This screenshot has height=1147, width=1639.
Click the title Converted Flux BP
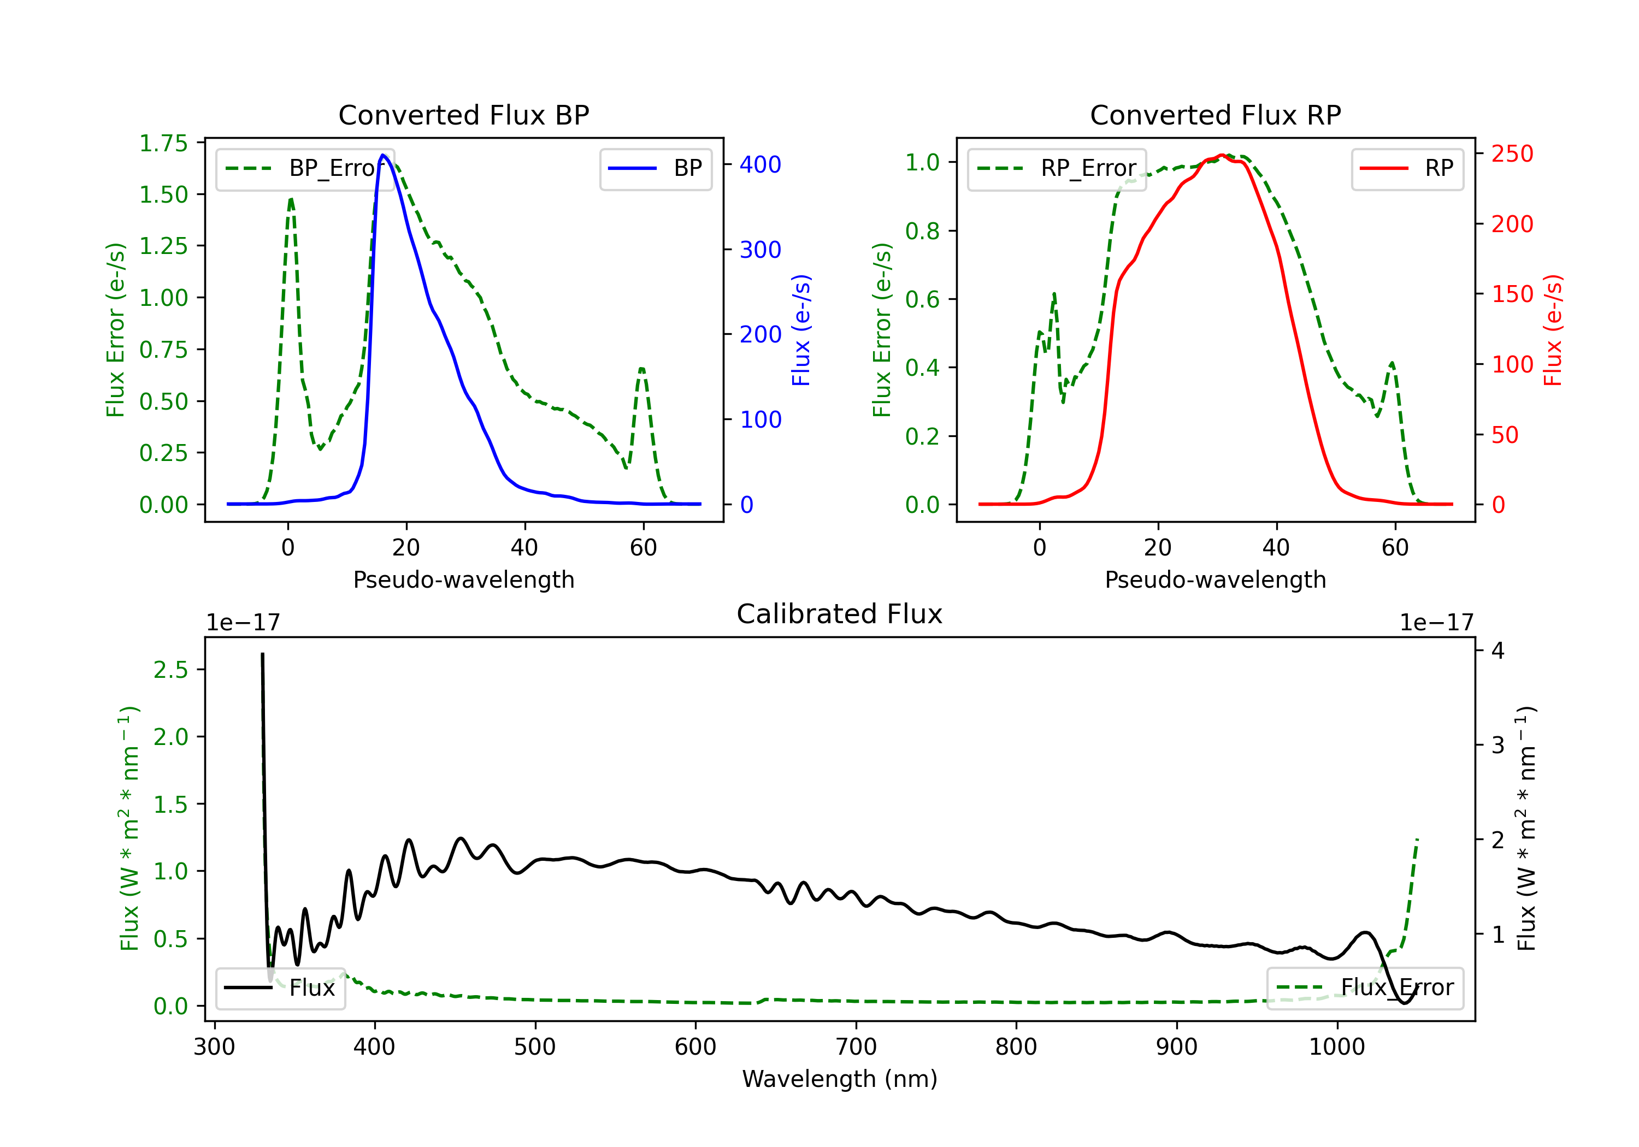click(464, 115)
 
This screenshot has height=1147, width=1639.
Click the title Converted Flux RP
click(1216, 115)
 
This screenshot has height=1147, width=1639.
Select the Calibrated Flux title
click(840, 614)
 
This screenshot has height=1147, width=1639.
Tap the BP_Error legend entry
click(305, 168)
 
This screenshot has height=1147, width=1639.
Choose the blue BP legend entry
click(655, 168)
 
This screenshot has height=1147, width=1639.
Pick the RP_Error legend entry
click(1057, 168)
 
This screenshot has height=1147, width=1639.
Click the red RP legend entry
click(1407, 168)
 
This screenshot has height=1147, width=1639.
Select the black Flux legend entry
click(280, 988)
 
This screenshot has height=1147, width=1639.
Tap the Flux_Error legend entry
click(1365, 988)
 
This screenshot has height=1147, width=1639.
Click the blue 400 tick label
click(761, 165)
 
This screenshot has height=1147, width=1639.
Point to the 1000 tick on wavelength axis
click(1337, 1047)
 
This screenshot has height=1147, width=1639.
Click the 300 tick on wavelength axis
click(214, 1047)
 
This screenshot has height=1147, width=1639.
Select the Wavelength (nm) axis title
click(840, 1079)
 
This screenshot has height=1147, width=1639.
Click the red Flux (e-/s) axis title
click(1553, 330)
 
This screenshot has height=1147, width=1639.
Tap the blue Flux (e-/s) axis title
click(801, 330)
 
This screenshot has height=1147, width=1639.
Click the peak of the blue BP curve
click(384, 155)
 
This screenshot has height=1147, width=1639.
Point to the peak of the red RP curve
click(1222, 155)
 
